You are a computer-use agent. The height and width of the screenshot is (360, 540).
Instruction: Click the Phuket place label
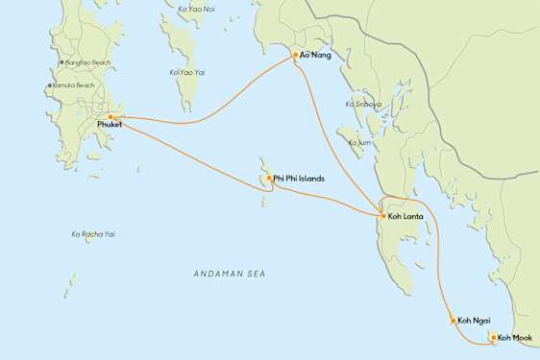(x=110, y=125)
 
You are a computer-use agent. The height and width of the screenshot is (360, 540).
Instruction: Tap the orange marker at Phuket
(x=111, y=116)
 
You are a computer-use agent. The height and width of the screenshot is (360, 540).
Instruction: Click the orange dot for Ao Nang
(x=295, y=56)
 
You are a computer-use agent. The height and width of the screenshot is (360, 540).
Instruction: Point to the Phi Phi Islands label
(x=299, y=179)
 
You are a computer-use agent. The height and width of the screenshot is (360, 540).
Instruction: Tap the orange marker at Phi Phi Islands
(x=269, y=178)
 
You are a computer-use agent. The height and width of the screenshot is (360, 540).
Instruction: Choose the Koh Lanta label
(x=406, y=217)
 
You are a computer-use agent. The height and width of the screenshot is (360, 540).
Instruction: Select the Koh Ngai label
(x=475, y=321)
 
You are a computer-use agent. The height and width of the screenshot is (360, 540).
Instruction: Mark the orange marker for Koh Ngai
(x=453, y=321)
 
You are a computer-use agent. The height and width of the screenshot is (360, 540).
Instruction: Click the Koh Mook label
(x=514, y=338)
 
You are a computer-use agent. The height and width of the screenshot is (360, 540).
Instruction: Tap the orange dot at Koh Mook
(x=493, y=337)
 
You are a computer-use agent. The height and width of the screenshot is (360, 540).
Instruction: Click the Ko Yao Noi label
(x=197, y=9)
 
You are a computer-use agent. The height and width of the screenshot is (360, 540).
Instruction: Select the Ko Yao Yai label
(x=187, y=72)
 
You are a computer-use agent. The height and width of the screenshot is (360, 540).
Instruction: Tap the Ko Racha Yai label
(x=93, y=233)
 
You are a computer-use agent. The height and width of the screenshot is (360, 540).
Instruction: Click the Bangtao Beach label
(x=88, y=62)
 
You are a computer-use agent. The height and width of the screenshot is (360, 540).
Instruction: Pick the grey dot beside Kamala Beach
(x=50, y=85)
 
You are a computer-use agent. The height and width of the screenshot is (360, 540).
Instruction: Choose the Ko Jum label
(x=358, y=143)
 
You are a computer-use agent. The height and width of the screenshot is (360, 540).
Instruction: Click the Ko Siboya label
(x=362, y=104)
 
